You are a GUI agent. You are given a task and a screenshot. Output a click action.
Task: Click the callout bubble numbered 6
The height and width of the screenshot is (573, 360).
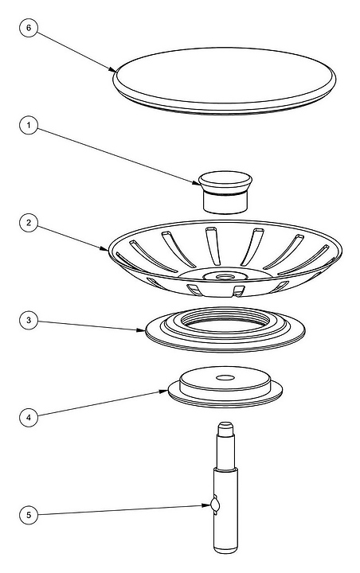(29, 28)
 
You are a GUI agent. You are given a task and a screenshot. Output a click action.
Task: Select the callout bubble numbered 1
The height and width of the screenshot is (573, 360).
(29, 125)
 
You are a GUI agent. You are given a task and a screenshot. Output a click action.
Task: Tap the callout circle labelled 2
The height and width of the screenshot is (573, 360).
(29, 223)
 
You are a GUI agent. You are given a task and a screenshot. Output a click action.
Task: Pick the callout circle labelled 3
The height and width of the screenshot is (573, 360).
(29, 320)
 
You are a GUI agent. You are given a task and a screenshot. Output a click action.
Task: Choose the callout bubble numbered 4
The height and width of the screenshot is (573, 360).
(29, 417)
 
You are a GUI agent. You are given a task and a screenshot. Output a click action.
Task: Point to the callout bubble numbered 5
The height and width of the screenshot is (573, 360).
(29, 515)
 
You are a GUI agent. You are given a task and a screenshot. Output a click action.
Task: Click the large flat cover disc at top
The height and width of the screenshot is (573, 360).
(225, 80)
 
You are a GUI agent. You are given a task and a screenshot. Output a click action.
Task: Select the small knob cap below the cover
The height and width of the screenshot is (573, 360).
(225, 192)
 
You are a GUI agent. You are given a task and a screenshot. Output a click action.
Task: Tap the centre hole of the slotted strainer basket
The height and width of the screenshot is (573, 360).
(225, 277)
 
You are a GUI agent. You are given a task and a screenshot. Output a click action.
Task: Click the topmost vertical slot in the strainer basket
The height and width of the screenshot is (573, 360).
(213, 246)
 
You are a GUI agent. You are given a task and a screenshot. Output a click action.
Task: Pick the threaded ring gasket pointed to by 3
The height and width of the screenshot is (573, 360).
(225, 329)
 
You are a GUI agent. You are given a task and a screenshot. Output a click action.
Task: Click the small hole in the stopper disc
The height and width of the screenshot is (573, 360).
(225, 377)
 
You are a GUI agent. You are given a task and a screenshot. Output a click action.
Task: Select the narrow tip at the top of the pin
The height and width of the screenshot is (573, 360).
(225, 425)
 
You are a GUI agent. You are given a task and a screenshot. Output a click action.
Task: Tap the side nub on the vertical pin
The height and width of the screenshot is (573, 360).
(215, 505)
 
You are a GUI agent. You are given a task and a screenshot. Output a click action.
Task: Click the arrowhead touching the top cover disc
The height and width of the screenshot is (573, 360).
(112, 69)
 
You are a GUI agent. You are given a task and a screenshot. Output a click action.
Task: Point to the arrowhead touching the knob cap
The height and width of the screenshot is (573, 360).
(197, 183)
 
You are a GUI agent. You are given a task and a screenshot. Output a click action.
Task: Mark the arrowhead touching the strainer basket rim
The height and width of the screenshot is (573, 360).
(105, 249)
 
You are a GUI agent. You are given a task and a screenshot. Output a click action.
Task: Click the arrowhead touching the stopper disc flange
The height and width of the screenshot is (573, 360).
(164, 392)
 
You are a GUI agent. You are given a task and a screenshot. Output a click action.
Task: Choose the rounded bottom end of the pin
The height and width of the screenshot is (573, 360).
(225, 549)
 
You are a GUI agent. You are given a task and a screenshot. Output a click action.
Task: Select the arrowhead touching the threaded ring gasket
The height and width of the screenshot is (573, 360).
(141, 330)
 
